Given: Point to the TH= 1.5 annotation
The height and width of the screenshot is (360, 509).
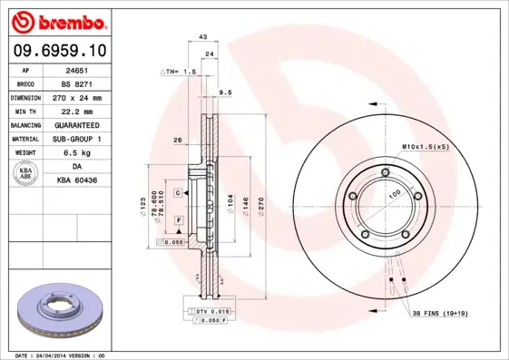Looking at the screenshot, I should click(x=179, y=71).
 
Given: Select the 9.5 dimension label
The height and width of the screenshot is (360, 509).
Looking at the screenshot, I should click(x=226, y=92).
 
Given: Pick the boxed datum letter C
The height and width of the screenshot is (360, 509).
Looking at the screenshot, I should click(x=179, y=193).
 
